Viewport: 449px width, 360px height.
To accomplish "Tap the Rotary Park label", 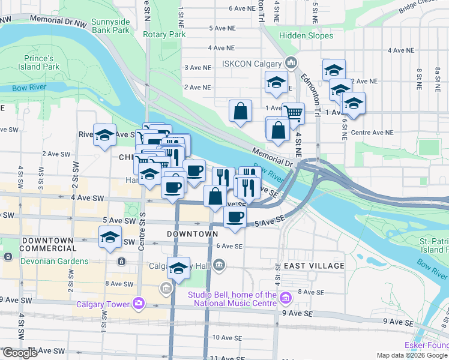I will (164, 34).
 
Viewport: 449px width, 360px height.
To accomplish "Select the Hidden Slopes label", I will (306, 36).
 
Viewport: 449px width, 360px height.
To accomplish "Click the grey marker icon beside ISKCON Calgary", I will (291, 62).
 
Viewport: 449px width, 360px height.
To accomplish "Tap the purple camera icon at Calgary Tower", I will (139, 304).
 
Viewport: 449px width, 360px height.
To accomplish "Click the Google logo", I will (20, 353).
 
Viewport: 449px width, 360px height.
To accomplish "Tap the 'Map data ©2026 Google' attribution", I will (412, 355).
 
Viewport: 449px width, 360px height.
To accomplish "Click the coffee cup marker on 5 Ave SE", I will (235, 217).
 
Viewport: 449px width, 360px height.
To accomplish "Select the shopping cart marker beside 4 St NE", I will (293, 112).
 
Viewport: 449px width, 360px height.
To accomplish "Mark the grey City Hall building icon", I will (220, 264).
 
